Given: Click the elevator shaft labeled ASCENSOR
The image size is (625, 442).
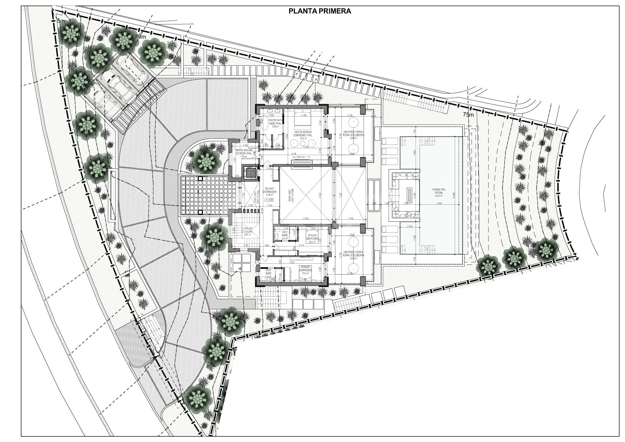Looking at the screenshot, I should (x=251, y=172).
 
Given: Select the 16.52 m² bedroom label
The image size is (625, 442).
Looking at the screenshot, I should (x=312, y=239).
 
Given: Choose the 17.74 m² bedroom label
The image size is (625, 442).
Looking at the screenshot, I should (x=306, y=270).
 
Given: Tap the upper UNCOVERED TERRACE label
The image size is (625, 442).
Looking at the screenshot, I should (x=353, y=134).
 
